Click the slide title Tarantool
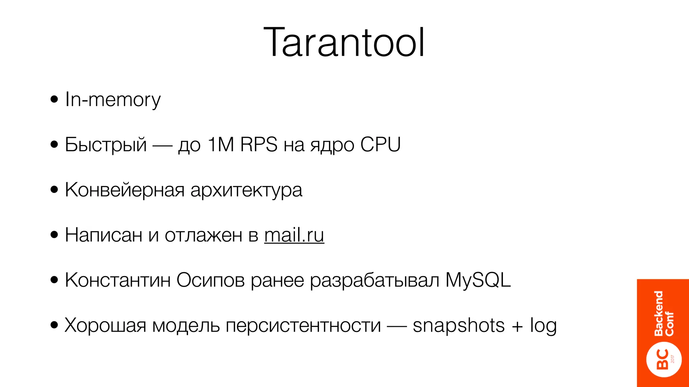pos(344,43)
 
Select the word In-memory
pos(113,100)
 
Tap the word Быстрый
pos(106,145)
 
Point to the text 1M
pos(221,145)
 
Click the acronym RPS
pos(259,145)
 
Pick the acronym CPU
pos(380,145)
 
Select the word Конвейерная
pos(124,190)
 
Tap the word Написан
pos(103,235)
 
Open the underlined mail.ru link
pos(294,235)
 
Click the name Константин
pos(118,280)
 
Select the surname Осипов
pos(210,281)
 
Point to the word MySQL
pos(478,281)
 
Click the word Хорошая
pos(105,325)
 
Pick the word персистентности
pos(303,326)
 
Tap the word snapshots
pos(459,326)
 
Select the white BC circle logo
pos(663,359)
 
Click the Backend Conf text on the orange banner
pos(663,313)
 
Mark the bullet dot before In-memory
pos(54,100)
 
